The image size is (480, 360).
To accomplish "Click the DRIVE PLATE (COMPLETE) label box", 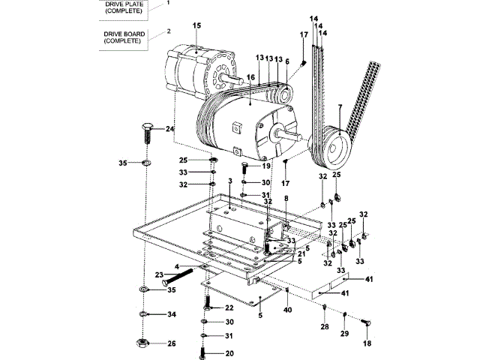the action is pyautogui.click(x=124, y=10).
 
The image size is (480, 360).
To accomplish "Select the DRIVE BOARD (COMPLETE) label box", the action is pyautogui.click(x=124, y=37).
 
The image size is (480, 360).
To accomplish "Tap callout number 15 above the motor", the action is pyautogui.click(x=196, y=25).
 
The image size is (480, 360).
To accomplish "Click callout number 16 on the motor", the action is pyautogui.click(x=250, y=77).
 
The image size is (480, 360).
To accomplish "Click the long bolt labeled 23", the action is pyautogui.click(x=178, y=277).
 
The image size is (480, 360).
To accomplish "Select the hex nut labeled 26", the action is pyautogui.click(x=142, y=343).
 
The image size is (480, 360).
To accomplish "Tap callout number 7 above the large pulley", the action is pyautogui.click(x=340, y=106).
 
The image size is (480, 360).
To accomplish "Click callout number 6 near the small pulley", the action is pyautogui.click(x=286, y=61).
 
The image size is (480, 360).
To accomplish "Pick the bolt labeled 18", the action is pyautogui.click(x=366, y=322).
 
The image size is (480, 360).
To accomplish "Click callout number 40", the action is pyautogui.click(x=288, y=310).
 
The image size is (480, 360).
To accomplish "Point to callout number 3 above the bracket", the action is pyautogui.click(x=230, y=181).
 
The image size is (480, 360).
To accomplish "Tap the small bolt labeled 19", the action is pyautogui.click(x=244, y=167).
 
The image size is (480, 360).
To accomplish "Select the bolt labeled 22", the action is pyautogui.click(x=207, y=303).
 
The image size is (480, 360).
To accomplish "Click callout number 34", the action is pyautogui.click(x=172, y=314).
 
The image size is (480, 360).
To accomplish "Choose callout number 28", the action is pyautogui.click(x=325, y=327).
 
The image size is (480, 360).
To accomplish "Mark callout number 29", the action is pyautogui.click(x=345, y=333).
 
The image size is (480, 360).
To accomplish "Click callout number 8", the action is pyautogui.click(x=286, y=198).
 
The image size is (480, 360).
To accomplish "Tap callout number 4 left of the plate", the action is pyautogui.click(x=177, y=267).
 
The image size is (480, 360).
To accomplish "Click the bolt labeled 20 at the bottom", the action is pyautogui.click(x=202, y=353).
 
